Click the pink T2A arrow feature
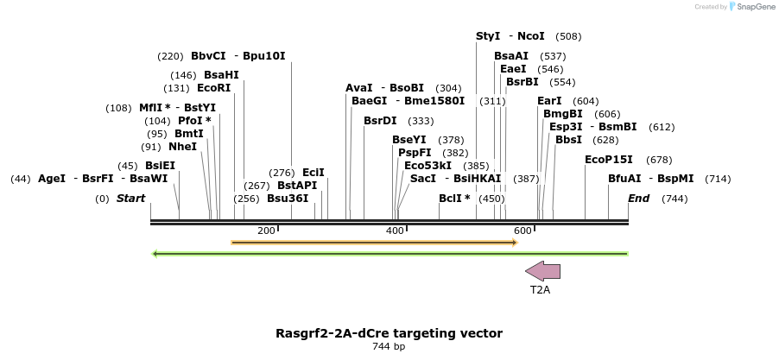pos(543,271)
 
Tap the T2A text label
pos(540,290)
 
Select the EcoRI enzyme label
pos(214,88)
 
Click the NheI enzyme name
pos(182,147)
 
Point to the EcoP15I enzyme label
pos(609,160)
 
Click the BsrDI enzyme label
pos(380,121)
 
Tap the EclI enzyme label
pos(313,173)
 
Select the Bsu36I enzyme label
pos(288,199)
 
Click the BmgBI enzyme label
pos(563,114)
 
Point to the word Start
pos(130,199)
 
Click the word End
pos(639,199)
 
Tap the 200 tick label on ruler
pos(266,231)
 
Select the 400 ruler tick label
pos(395,231)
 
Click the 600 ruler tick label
pos(522,231)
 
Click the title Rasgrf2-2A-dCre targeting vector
pos(389,333)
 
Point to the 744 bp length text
pos(389,347)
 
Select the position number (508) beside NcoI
pos(568,36)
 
